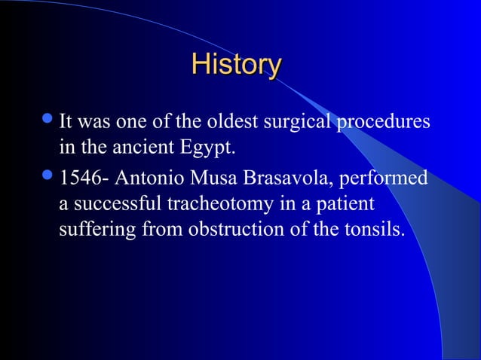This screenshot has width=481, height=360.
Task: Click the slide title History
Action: [x=236, y=65]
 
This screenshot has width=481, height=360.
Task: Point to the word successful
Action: [x=106, y=206]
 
